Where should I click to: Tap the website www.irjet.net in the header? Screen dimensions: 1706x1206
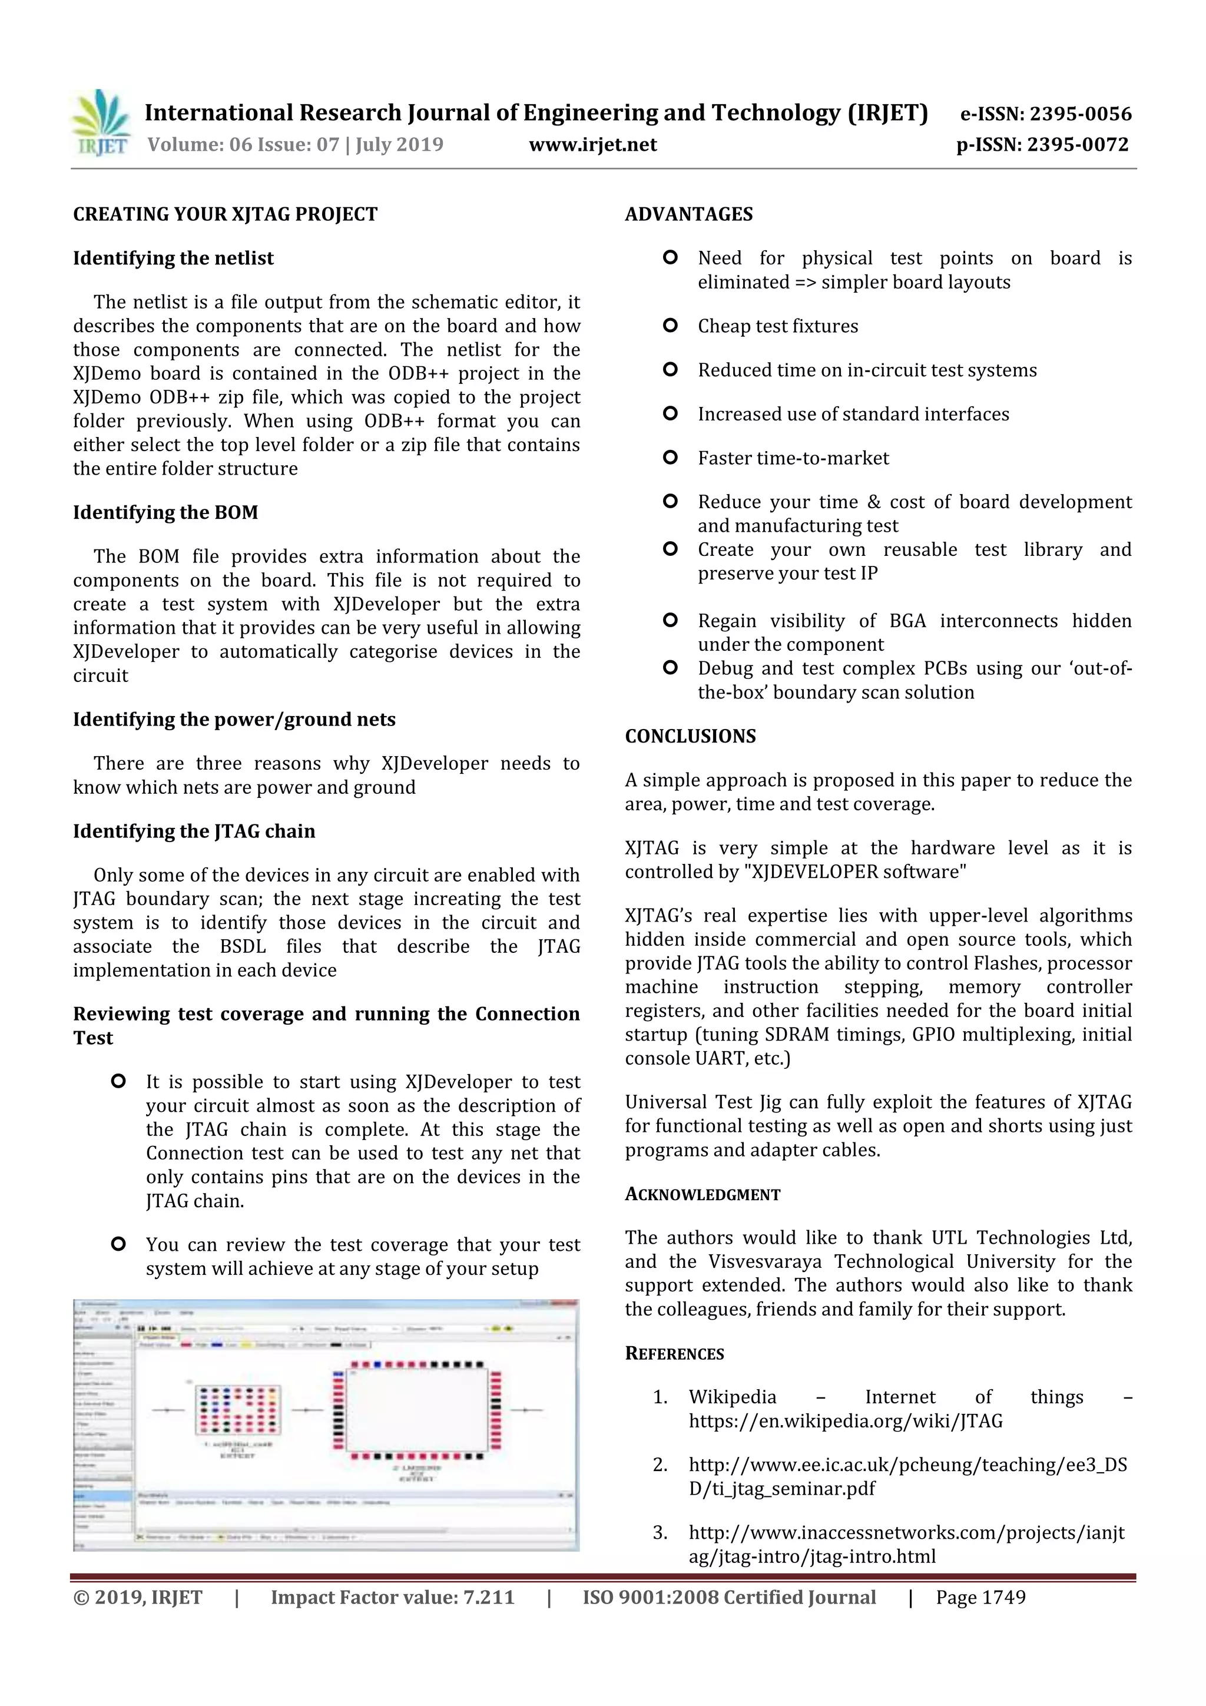592,144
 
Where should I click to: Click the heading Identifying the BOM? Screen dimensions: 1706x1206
165,513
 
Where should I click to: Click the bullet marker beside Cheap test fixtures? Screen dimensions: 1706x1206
670,326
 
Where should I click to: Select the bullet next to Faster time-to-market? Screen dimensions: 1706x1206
670,458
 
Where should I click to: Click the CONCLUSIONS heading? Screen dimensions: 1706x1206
690,736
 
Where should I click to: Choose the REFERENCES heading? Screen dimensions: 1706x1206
674,1354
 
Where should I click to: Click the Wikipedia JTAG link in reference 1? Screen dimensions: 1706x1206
845,1422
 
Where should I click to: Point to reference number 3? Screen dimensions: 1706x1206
660,1533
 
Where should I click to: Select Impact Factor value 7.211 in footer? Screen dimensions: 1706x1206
392,1598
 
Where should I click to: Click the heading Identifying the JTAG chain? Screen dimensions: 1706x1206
194,832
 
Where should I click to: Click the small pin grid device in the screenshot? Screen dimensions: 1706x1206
238,1410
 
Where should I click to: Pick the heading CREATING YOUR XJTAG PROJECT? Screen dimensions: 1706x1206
225,215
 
